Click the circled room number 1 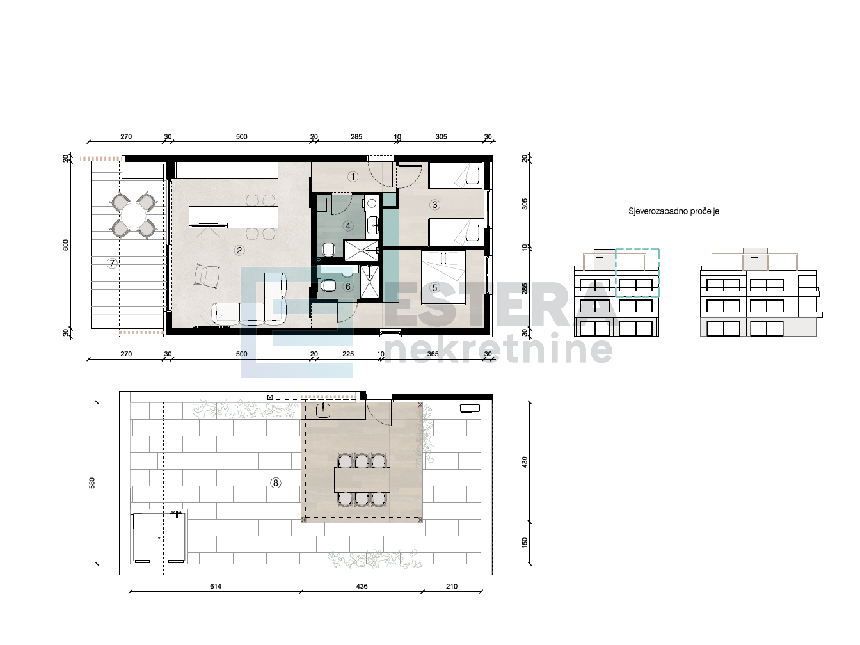353,177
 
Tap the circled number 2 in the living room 239,250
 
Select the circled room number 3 434,204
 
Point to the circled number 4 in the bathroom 348,226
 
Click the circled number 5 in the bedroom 434,288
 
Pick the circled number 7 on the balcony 112,263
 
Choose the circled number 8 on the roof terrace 275,483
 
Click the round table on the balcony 134,216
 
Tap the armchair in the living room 207,275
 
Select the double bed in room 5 443,277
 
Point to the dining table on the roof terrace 362,480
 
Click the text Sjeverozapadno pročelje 674,211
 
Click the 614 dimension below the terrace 216,586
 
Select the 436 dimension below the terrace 362,586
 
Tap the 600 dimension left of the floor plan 65,245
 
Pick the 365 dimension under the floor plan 433,354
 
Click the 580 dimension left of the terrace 92,483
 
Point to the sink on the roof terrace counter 323,410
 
